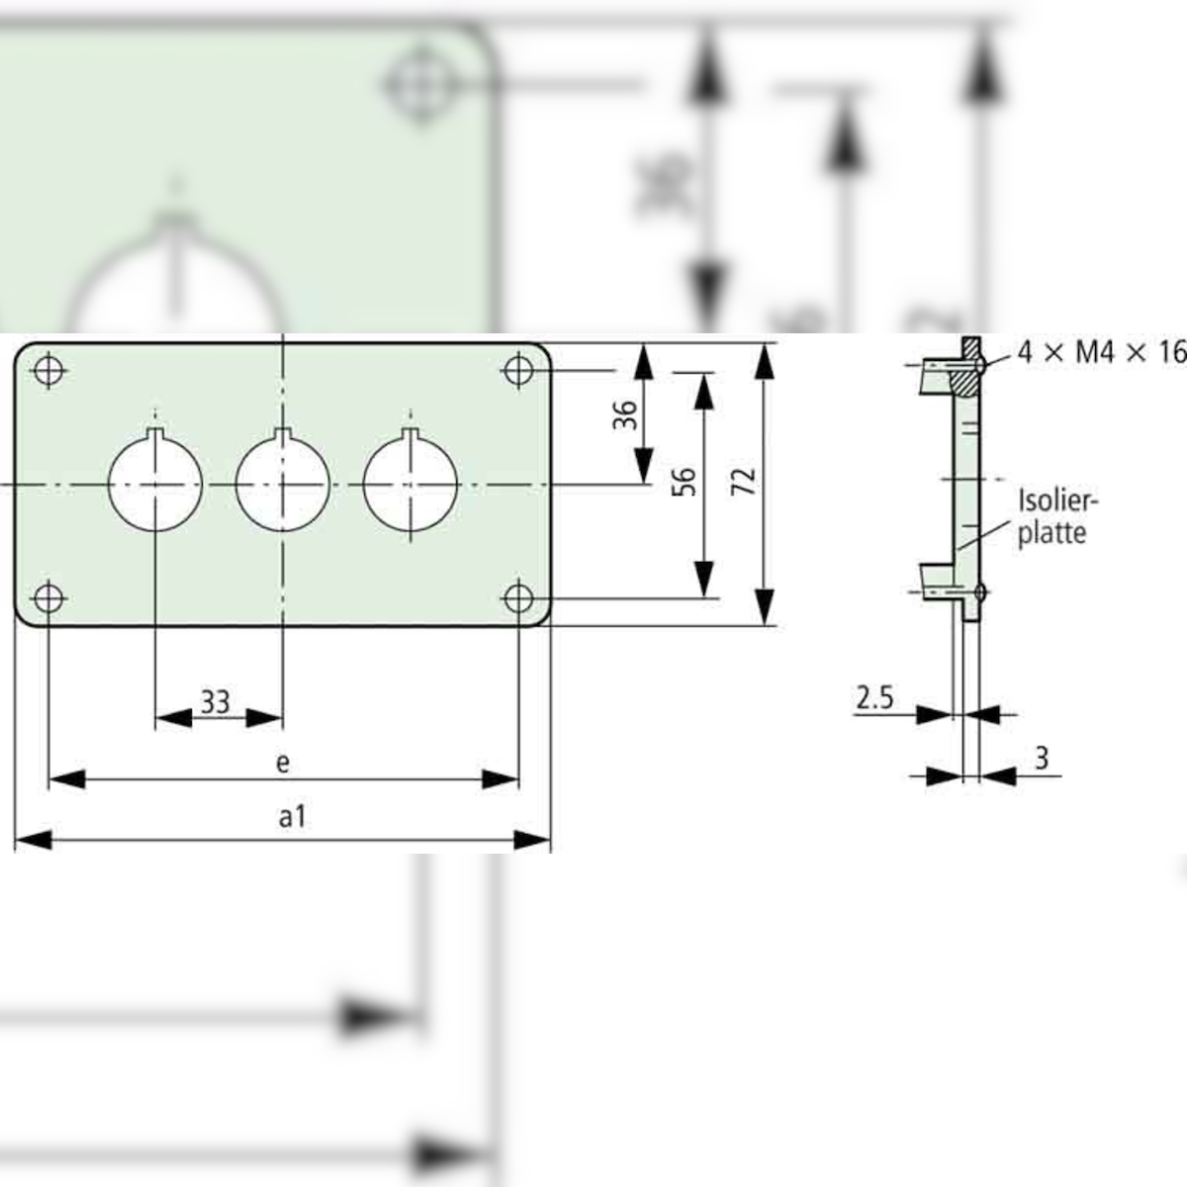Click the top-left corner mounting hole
[x=47, y=370]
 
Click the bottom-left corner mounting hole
[x=47, y=597]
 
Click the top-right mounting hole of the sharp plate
[x=518, y=370]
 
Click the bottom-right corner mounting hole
[x=518, y=597]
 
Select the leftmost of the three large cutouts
[x=155, y=483]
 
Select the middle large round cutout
[x=283, y=483]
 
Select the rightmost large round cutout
[x=411, y=483]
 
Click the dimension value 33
[x=216, y=701]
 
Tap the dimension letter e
[x=283, y=762]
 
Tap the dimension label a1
[x=292, y=817]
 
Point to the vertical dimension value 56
[x=685, y=482]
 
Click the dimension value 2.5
[x=874, y=699]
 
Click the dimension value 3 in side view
[x=1041, y=759]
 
